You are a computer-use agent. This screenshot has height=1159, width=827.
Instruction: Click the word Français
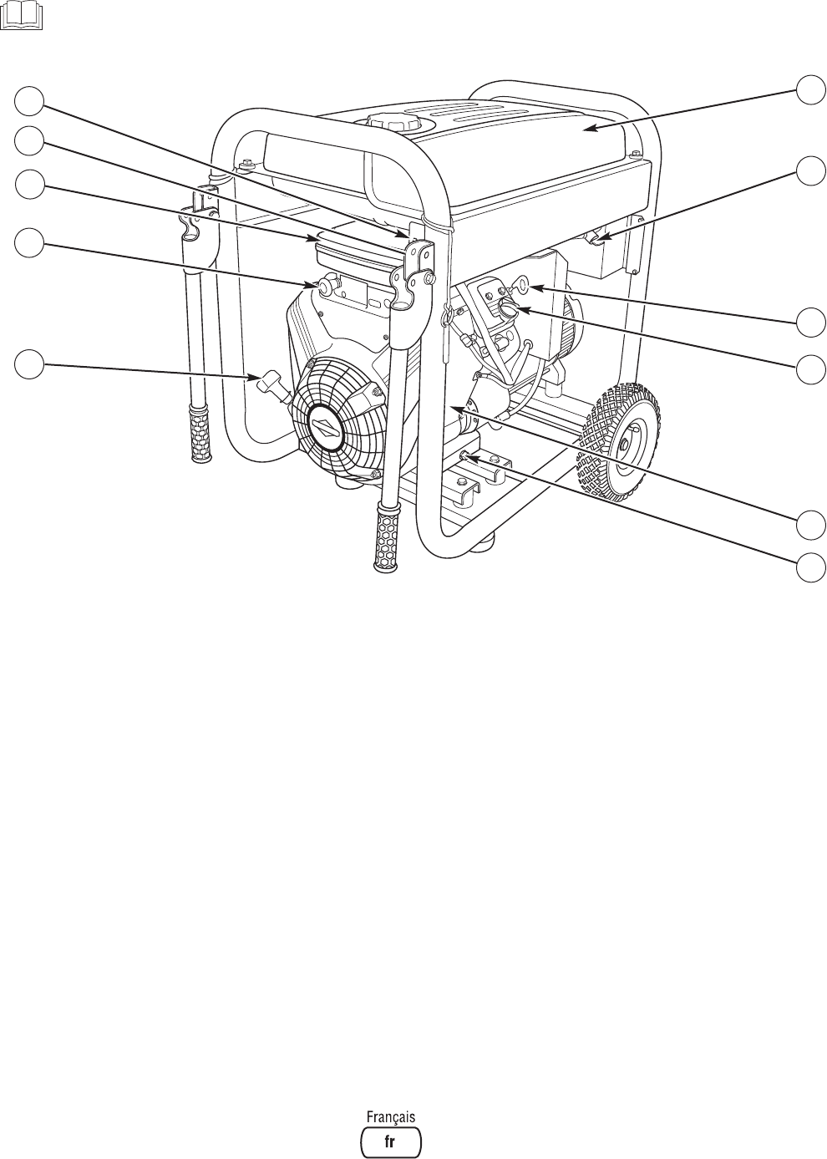[x=390, y=1116]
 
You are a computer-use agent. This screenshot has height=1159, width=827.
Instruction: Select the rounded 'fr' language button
[x=390, y=1141]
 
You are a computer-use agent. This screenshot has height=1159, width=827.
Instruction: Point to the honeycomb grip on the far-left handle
[x=199, y=430]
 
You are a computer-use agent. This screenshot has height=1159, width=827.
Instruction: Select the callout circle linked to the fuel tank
[x=809, y=88]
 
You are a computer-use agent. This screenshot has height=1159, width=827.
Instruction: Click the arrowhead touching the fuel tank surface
[x=588, y=128]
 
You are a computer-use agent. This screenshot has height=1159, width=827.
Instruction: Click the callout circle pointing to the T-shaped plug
[x=28, y=365]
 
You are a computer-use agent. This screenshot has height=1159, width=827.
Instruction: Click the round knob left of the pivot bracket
[x=322, y=287]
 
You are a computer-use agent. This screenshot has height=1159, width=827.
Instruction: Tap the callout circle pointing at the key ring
[x=809, y=321]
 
